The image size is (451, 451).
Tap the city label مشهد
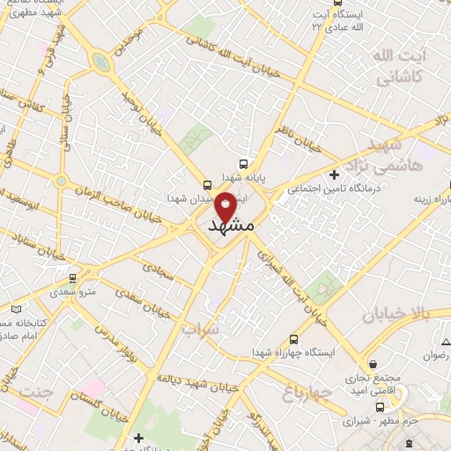(233, 227)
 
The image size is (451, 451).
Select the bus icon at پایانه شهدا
(243, 164)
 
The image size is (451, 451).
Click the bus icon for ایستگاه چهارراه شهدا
(293, 339)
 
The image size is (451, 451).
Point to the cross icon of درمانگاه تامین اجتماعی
(334, 174)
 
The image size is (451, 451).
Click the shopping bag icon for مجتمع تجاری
(374, 363)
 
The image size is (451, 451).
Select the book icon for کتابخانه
(15, 309)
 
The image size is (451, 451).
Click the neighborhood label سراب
(200, 329)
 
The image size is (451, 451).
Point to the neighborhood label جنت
(36, 388)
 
